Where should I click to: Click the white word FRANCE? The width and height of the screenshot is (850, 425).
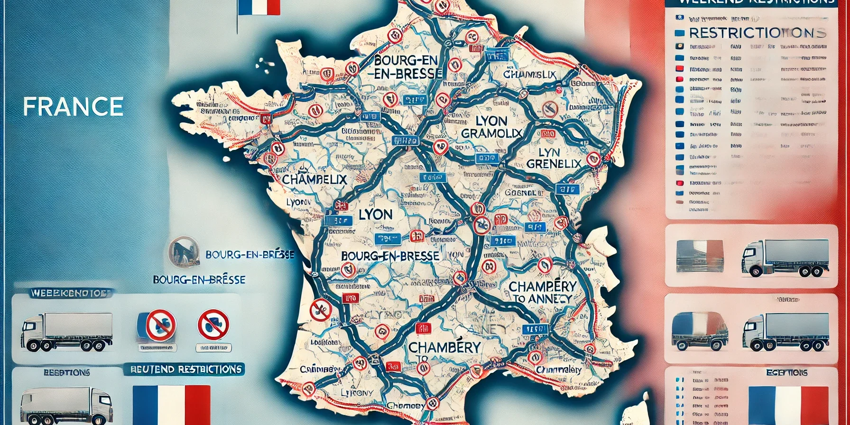pyautogui.click(x=73, y=107)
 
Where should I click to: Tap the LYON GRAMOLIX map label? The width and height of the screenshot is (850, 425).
pyautogui.click(x=491, y=127)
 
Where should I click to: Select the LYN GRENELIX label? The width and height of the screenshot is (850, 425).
pyautogui.click(x=554, y=158)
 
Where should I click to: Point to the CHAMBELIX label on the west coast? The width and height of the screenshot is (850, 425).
pyautogui.click(x=314, y=180)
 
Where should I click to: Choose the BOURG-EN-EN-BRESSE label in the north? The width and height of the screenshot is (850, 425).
pyautogui.click(x=407, y=67)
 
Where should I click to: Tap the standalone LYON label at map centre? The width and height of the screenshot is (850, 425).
pyautogui.click(x=376, y=214)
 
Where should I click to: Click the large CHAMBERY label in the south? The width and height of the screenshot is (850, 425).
pyautogui.click(x=444, y=347)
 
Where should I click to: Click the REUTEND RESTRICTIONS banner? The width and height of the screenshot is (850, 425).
pyautogui.click(x=186, y=369)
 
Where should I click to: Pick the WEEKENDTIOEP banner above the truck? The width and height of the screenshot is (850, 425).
pyautogui.click(x=71, y=293)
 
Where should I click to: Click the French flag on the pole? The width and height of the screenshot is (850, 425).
pyautogui.click(x=259, y=7)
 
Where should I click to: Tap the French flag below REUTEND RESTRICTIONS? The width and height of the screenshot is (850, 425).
pyautogui.click(x=171, y=405)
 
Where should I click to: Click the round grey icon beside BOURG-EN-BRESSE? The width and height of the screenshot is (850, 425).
pyautogui.click(x=183, y=251)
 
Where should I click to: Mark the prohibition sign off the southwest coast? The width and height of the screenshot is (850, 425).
pyautogui.click(x=320, y=310)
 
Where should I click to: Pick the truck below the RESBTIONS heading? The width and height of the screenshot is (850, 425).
pyautogui.click(x=66, y=406)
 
